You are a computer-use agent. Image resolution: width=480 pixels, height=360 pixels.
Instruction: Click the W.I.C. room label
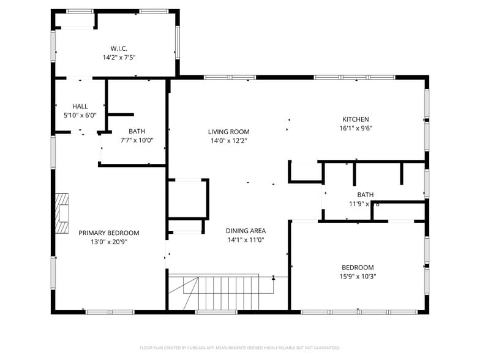tap(119, 48)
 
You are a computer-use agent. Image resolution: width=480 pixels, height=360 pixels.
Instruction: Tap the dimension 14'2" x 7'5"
tap(119, 58)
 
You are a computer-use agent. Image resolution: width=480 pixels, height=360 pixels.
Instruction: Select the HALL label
tap(80, 106)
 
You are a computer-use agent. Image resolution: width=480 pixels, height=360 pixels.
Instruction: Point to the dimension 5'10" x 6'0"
tap(80, 115)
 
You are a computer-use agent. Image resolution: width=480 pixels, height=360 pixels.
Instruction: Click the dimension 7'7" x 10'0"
tap(137, 140)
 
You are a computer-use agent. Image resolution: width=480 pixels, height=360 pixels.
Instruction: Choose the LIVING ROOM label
tap(228, 132)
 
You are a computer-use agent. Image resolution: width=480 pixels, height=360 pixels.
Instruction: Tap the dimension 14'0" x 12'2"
tap(228, 140)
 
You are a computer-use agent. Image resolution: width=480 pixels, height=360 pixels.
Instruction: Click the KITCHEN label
tap(356, 119)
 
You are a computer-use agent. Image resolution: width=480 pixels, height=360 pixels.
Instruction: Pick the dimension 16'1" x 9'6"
tap(356, 129)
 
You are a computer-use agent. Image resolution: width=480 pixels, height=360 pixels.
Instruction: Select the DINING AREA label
tap(246, 231)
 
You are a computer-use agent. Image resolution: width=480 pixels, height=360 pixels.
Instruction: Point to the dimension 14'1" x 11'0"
tap(246, 240)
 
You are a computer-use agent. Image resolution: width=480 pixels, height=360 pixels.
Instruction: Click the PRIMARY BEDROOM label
tap(109, 233)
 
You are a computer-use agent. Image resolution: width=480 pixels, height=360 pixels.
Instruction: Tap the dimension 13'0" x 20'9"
tap(109, 242)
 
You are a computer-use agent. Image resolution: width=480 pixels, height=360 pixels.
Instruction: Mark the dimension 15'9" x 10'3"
tap(358, 276)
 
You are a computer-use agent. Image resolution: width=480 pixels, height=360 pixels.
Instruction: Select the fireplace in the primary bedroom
tap(61, 214)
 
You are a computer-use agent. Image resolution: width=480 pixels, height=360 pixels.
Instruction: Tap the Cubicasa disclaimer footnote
tap(240, 348)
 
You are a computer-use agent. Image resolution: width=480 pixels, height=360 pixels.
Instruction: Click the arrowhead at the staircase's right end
tap(273, 278)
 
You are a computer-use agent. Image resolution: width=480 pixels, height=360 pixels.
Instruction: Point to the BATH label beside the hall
tap(137, 131)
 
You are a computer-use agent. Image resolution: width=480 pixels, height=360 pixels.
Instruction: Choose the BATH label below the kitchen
tap(365, 195)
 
